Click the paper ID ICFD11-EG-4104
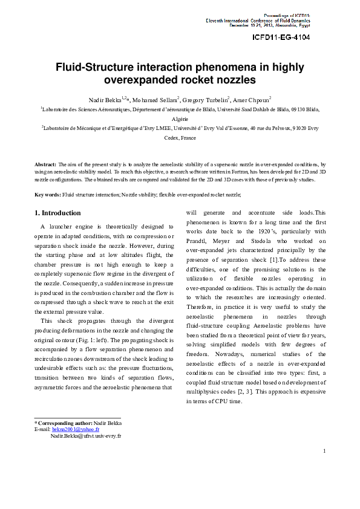tap(281, 37)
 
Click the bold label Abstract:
tap(45, 164)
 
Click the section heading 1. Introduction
tap(57, 213)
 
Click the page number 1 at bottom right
tap(325, 450)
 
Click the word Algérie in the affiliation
tap(180, 119)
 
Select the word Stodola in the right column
tap(258, 241)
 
